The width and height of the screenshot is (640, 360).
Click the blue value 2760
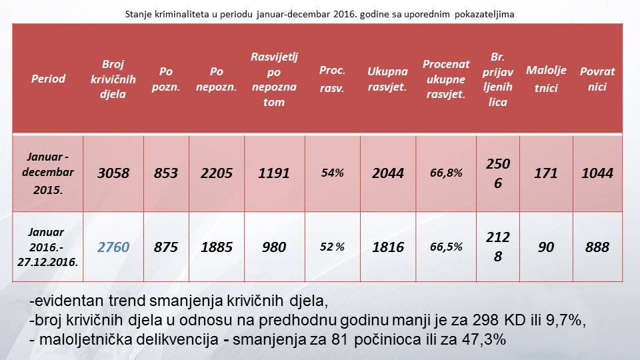113,247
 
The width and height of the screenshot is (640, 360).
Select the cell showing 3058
113,173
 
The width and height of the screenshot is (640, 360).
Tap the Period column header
49,79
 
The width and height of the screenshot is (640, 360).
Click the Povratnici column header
597,79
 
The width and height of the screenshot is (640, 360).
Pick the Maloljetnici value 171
546,173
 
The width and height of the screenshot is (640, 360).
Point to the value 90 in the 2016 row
546,247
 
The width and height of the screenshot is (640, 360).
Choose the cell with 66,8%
446,173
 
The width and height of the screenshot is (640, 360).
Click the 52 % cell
332,247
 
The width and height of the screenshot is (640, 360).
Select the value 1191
274,173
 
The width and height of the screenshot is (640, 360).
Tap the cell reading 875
165,247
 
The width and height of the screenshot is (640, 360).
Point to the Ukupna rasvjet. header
387,79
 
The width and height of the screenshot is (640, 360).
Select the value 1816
388,247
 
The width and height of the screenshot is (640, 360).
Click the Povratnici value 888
597,247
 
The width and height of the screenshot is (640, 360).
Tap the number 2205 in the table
217,173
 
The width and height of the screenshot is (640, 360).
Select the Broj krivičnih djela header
113,79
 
